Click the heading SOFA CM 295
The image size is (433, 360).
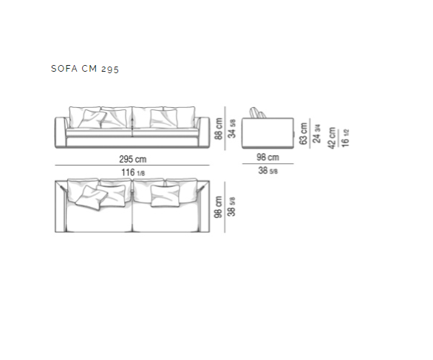(x=85, y=69)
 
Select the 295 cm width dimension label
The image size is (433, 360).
(x=133, y=159)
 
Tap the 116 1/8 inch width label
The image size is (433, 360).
(x=133, y=173)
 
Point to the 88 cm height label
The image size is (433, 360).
(x=219, y=129)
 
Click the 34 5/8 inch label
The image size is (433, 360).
(x=232, y=129)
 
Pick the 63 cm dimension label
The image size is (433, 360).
(x=303, y=134)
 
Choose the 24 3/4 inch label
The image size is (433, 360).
(x=316, y=134)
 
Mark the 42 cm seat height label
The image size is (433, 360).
(x=332, y=138)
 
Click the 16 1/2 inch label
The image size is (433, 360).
(x=345, y=138)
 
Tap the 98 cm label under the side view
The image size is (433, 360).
(x=268, y=157)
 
